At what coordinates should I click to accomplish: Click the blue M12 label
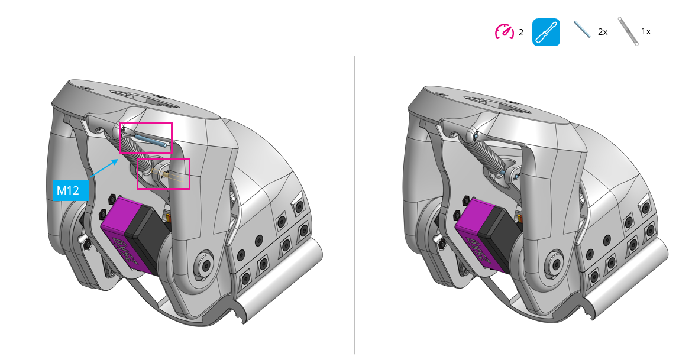tap(70, 190)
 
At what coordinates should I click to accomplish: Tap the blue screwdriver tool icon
tap(546, 32)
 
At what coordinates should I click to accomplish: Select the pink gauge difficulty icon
tap(505, 32)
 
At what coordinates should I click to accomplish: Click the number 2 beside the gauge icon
tap(521, 33)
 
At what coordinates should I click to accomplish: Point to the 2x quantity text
tap(603, 32)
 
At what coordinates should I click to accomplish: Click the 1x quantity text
tap(646, 32)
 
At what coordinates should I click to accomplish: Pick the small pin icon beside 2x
tap(582, 30)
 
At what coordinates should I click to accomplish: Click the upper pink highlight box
tap(146, 138)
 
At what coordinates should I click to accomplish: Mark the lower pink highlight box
tap(163, 174)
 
